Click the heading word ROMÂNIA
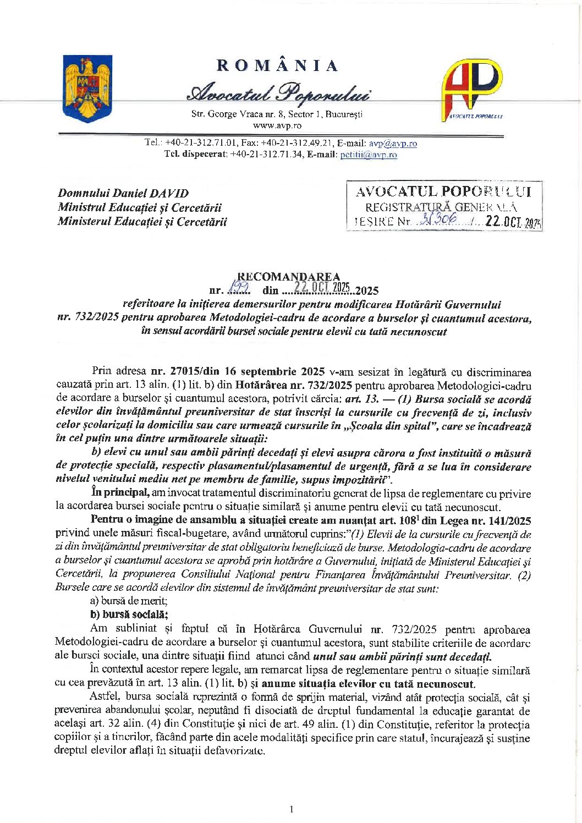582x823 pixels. pos(277,66)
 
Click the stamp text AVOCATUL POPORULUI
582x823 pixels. pos(443,191)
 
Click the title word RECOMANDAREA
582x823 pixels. pos(288,277)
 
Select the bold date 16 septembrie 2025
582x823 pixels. pos(273,371)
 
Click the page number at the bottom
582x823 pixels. pos(291,809)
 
